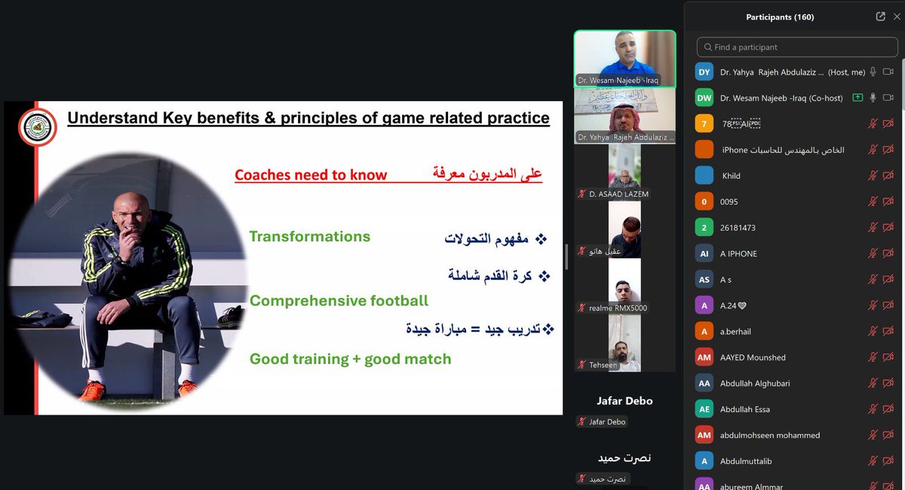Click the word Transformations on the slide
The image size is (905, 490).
309,237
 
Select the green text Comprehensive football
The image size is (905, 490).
339,301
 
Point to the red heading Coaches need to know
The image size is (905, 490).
311,175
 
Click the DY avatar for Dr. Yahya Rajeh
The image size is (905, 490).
704,72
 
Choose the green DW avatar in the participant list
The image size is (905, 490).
704,98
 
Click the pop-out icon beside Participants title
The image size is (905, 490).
880,17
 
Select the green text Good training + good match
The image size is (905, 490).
350,360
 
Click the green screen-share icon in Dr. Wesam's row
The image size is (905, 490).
857,98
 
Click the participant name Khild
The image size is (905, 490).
731,176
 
